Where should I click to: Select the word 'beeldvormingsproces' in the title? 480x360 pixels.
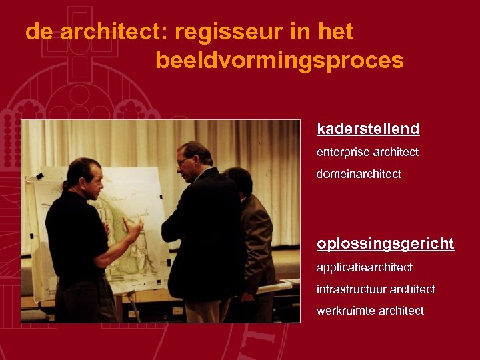[279, 61]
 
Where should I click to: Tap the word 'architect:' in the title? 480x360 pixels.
[115, 32]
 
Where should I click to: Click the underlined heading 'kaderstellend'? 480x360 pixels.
[368, 129]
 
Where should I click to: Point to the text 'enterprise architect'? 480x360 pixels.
[367, 152]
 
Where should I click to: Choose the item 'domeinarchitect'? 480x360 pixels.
[359, 174]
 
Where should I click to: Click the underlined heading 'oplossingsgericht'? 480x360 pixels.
[385, 244]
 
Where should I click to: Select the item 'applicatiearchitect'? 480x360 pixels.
[364, 267]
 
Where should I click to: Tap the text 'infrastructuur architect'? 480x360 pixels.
[376, 289]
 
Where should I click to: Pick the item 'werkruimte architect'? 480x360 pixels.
[370, 311]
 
